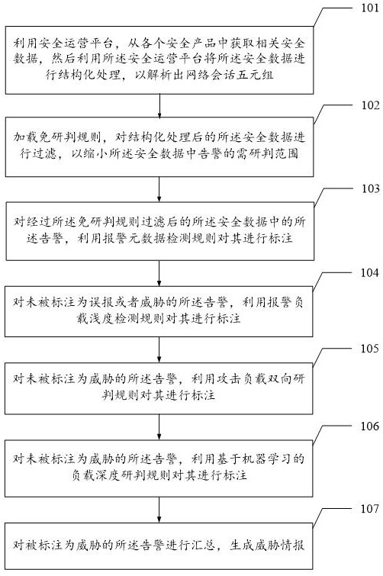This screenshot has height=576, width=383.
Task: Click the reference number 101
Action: (370, 8)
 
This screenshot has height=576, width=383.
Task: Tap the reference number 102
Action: (370, 105)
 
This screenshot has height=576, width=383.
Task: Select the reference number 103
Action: (370, 188)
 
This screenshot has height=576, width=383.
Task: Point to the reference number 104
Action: (369, 273)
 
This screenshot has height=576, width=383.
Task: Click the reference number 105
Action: (369, 349)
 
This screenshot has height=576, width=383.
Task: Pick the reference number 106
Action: (369, 426)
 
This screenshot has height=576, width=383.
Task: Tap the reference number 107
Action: (369, 509)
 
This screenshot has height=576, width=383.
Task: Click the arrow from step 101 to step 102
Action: (159, 106)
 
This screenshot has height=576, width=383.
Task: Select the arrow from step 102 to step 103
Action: (159, 189)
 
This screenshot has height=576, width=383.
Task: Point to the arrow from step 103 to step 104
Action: (159, 273)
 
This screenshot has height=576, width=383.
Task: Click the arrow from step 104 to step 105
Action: (159, 349)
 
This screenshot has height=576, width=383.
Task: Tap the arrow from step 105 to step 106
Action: (159, 427)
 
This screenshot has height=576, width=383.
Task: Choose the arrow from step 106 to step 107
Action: (159, 510)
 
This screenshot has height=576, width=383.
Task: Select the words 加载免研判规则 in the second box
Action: (56, 137)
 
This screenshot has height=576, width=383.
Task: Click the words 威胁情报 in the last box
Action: (280, 545)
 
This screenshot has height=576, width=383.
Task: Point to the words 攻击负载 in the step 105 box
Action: (242, 379)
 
